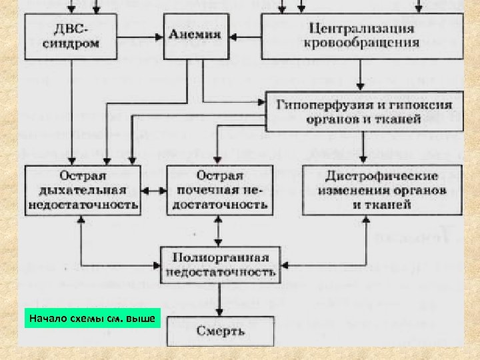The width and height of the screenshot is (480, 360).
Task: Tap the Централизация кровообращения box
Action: tap(361, 37)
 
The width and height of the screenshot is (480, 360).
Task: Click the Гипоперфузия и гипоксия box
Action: tap(363, 111)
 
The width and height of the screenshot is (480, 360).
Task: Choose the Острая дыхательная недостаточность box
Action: tap(83, 190)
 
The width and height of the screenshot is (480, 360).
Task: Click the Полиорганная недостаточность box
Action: tap(220, 265)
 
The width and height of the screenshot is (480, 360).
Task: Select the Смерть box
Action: tap(220, 331)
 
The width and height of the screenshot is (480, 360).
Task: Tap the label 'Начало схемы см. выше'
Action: tap(89, 319)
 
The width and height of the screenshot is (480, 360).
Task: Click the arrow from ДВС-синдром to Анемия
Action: tap(154, 34)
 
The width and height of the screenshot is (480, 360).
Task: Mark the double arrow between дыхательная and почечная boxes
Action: tap(154, 190)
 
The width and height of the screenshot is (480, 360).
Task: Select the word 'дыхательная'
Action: tap(83, 190)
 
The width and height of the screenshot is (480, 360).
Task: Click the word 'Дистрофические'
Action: tap(381, 177)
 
